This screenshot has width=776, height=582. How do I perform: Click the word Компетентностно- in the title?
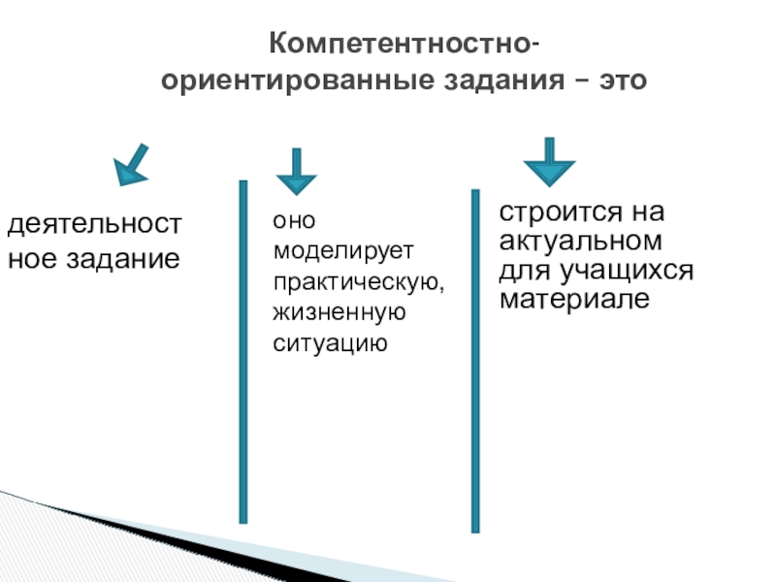(x=404, y=45)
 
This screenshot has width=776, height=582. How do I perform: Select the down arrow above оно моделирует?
(x=297, y=172)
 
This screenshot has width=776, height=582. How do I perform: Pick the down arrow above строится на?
(x=549, y=162)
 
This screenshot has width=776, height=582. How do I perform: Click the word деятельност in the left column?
(x=94, y=226)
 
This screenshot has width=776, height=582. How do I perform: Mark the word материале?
(x=573, y=298)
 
